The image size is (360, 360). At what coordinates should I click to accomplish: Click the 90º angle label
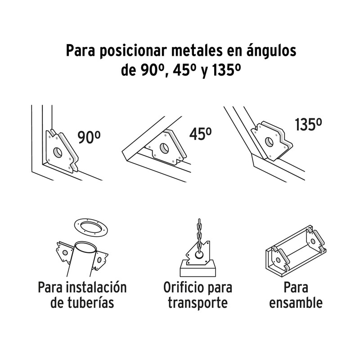click(89, 137)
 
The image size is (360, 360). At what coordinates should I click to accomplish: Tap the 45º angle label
click(200, 134)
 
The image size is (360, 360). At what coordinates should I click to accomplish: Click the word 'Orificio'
click(181, 287)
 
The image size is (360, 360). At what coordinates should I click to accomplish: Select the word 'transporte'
click(198, 302)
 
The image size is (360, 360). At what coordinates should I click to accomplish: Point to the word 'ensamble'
click(296, 302)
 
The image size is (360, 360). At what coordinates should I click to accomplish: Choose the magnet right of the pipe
click(101, 260)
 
